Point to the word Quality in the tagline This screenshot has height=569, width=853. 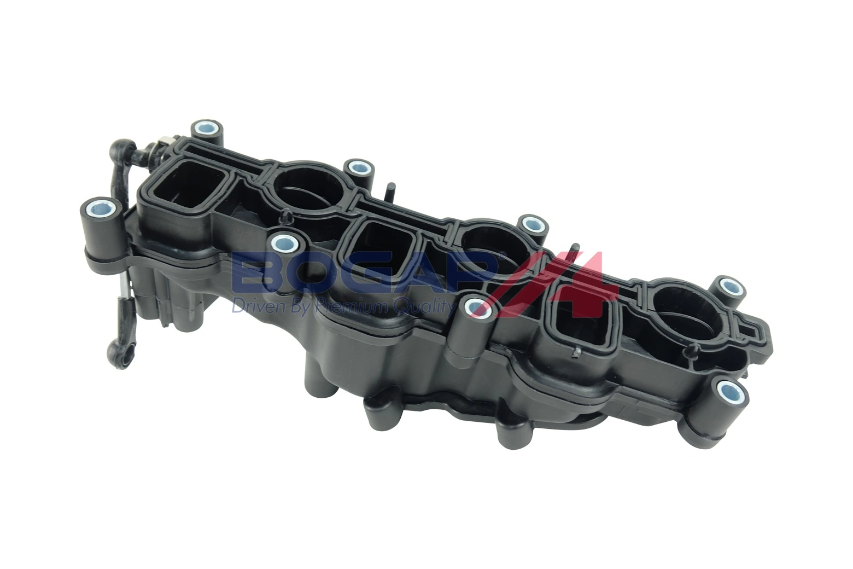tap(423, 306)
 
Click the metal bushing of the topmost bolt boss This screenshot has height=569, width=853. tap(207, 130)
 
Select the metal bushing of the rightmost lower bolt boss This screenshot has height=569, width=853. tap(729, 391)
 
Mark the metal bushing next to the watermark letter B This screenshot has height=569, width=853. tap(283, 241)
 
